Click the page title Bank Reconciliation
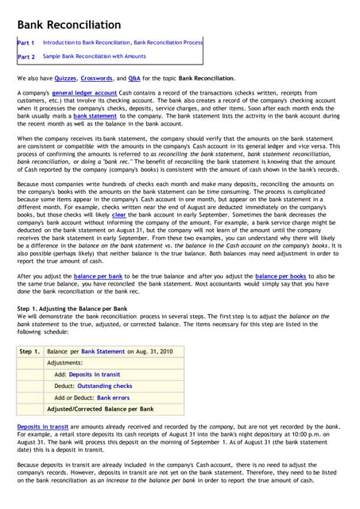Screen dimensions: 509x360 (69, 25)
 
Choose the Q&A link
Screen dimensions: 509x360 (134, 79)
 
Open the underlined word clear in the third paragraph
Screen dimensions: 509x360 (118, 214)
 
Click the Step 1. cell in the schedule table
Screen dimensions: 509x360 (30, 351)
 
